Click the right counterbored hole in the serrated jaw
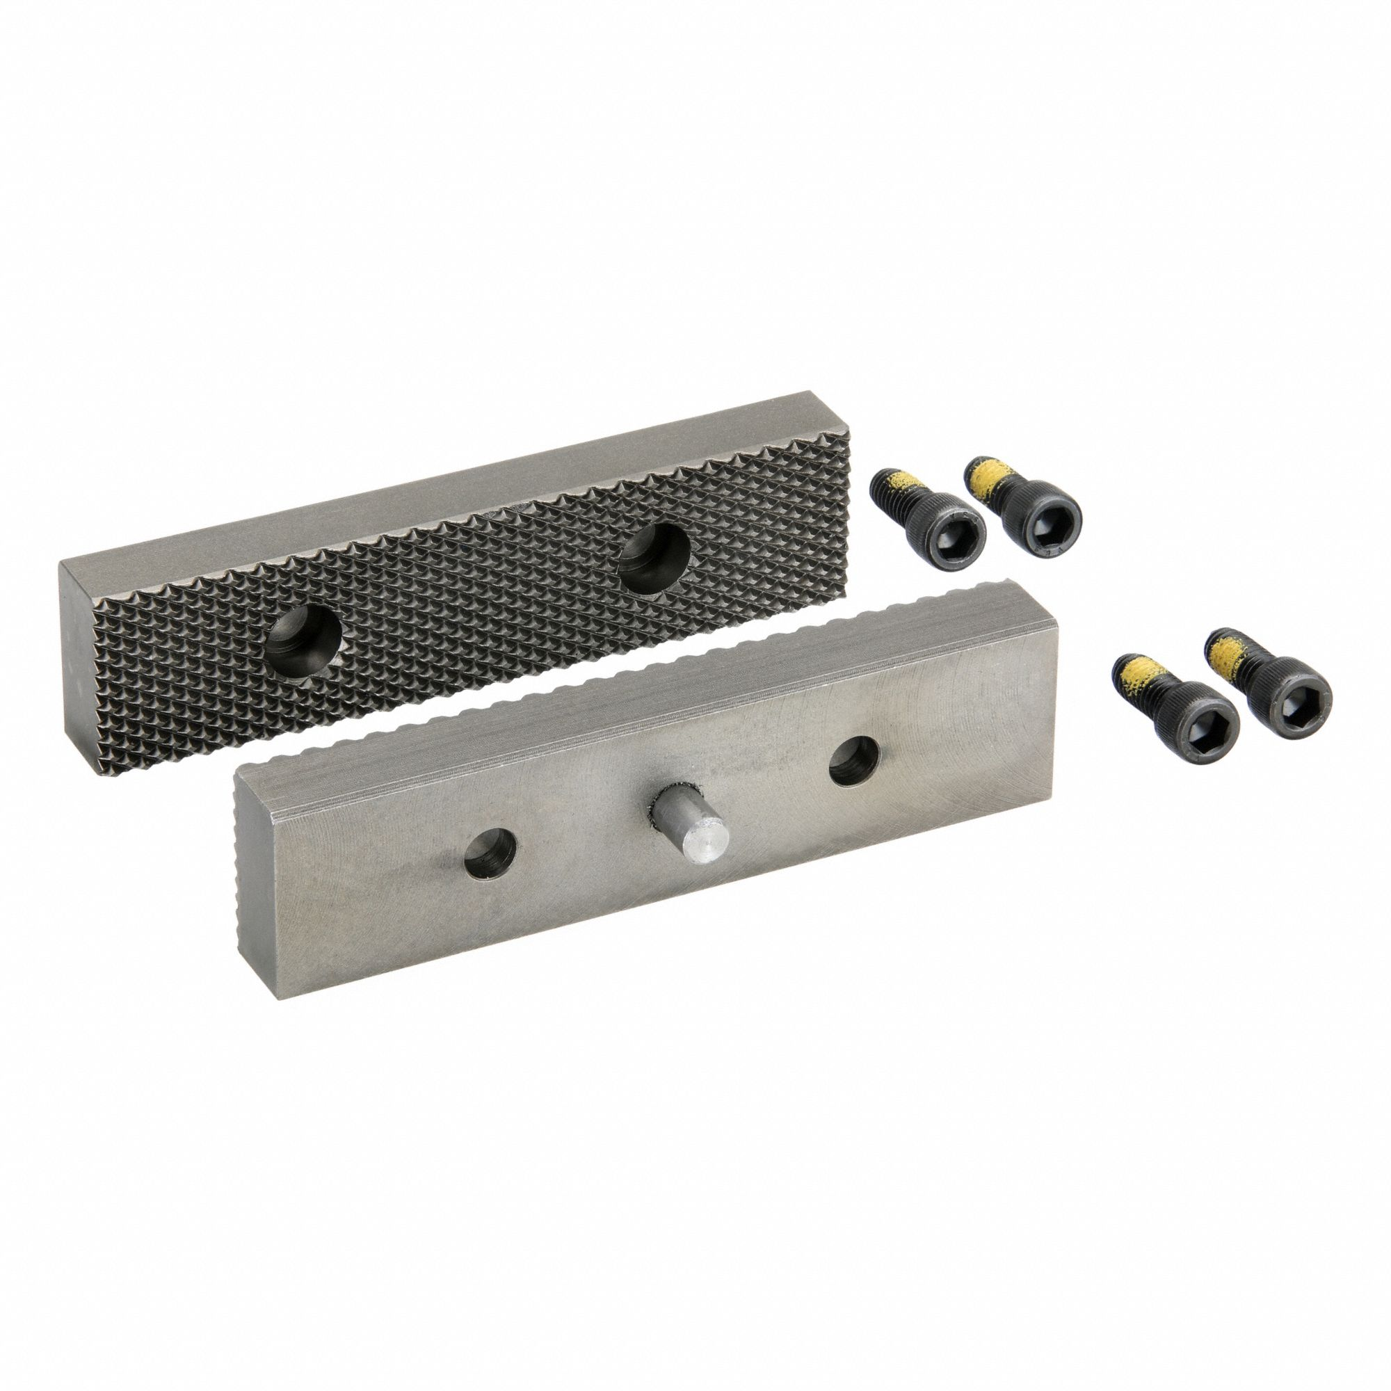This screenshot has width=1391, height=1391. point(654,549)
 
